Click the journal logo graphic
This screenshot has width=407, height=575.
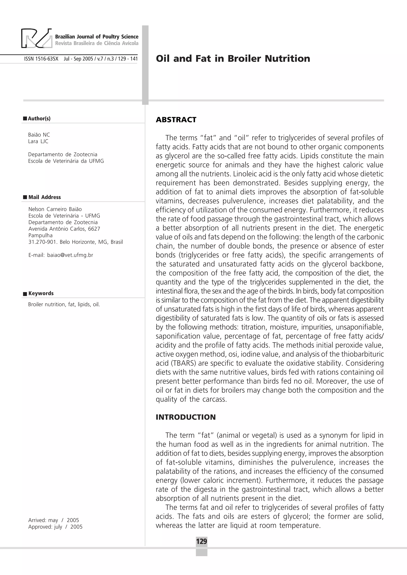(x=37, y=38)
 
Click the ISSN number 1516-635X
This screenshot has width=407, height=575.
(x=41, y=59)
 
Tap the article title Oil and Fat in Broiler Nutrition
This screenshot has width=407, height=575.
(x=233, y=59)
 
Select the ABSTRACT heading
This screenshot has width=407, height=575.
(x=176, y=120)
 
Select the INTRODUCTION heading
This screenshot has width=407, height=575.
(x=186, y=417)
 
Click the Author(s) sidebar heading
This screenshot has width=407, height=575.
(x=39, y=118)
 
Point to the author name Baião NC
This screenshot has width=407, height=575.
(x=39, y=135)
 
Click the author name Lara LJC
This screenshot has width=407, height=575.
(x=38, y=141)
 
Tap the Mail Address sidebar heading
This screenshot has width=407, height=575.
(x=44, y=197)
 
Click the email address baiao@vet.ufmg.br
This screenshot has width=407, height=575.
(x=70, y=255)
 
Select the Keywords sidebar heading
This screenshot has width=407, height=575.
(x=41, y=293)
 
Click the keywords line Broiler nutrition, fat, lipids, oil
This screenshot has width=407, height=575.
(x=64, y=304)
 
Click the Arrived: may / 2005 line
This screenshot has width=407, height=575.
(x=53, y=520)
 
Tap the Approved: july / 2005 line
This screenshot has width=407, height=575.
(x=55, y=527)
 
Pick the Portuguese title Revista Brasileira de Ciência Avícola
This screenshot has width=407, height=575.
(x=97, y=43)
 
